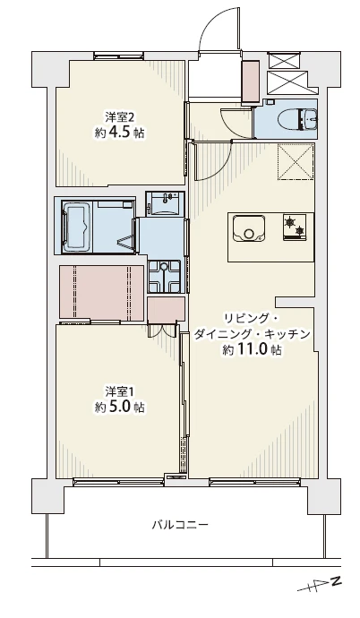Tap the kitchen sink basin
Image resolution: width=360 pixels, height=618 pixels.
[x=249, y=228]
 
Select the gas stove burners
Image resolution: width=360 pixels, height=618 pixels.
[x=295, y=227]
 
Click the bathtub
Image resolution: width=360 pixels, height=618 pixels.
[x=77, y=226]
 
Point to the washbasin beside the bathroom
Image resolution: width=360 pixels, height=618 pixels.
[x=165, y=202]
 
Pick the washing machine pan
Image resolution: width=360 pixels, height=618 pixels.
[x=164, y=276]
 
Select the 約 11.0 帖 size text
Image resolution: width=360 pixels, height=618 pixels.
[x=252, y=349]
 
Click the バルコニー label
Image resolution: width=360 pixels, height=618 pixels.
[x=180, y=525]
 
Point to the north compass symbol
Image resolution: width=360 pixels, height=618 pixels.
[x=320, y=585]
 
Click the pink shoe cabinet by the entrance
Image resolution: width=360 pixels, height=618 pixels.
[x=251, y=82]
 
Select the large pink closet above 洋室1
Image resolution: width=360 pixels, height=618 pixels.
[x=101, y=292]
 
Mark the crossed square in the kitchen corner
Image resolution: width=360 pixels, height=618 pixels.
[x=296, y=161]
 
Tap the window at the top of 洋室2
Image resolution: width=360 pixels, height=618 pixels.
[x=118, y=56]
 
